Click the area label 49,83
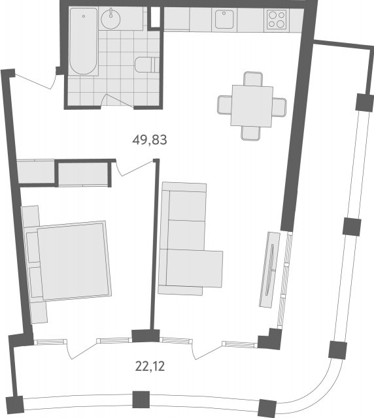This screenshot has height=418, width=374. pyautogui.click(x=150, y=140)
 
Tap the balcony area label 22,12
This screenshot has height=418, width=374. pyautogui.click(x=150, y=366)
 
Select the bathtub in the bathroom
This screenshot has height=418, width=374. pyautogui.click(x=83, y=41)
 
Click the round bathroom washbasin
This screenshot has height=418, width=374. pyautogui.click(x=110, y=19)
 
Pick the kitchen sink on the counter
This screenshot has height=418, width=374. pyautogui.click(x=224, y=19)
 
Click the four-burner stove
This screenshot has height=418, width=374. pyautogui.click(x=277, y=19)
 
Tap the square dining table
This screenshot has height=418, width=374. pyautogui.click(x=252, y=106)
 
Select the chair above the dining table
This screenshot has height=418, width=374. pyautogui.click(x=253, y=78)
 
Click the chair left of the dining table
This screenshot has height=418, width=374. pyautogui.click(x=225, y=104)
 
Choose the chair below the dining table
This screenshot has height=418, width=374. pyautogui.click(x=250, y=133)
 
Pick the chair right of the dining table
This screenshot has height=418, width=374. pyautogui.click(x=279, y=107)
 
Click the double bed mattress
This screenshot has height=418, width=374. pyautogui.click(x=75, y=260)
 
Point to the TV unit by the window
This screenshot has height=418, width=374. pyautogui.click(x=269, y=270)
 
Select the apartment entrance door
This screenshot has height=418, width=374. pyautogui.click(x=35, y=79)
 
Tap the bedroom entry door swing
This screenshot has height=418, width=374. pyautogui.click(x=135, y=169)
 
